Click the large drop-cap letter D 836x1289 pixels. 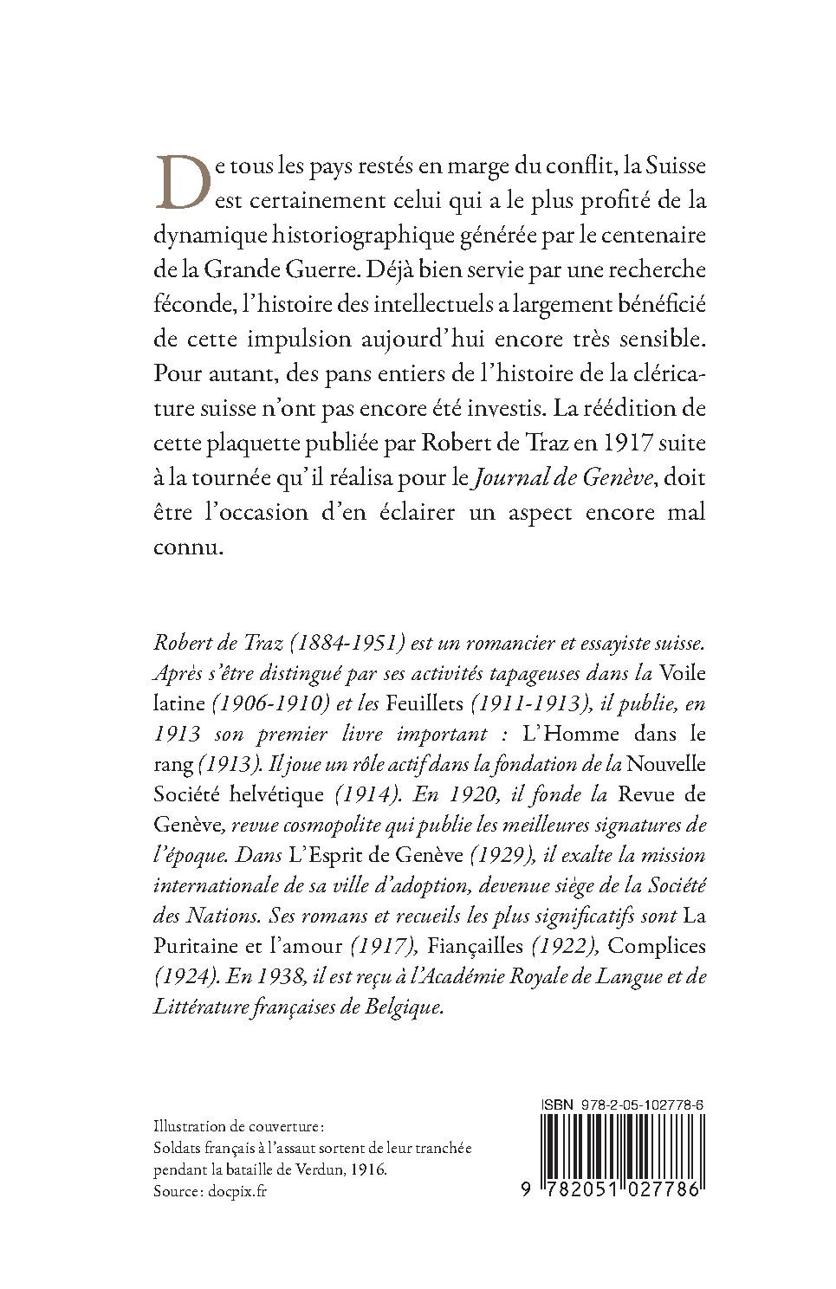point(182,182)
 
